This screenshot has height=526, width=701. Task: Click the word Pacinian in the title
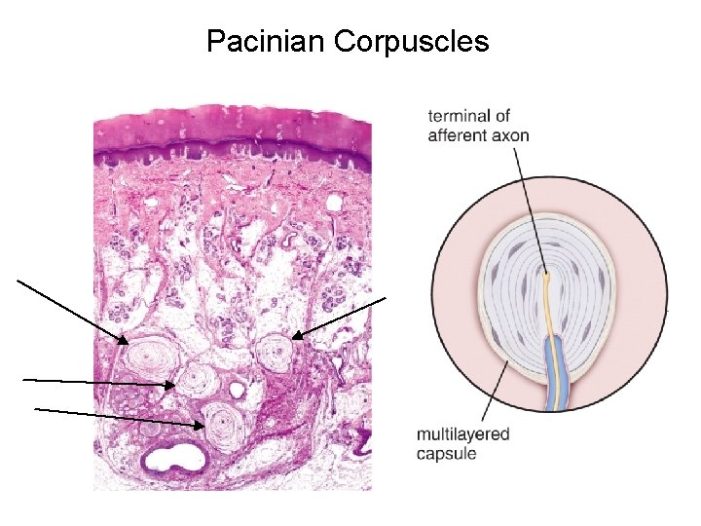pyautogui.click(x=265, y=42)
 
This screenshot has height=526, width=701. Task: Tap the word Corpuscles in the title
pyautogui.click(x=411, y=42)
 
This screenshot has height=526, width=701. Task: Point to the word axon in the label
pyautogui.click(x=511, y=135)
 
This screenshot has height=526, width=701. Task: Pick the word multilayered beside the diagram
pyautogui.click(x=462, y=434)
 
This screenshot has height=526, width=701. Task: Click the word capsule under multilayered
pyautogui.click(x=447, y=453)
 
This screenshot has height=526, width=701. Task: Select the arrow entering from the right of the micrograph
pyautogui.click(x=341, y=316)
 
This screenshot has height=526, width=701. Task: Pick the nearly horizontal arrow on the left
pyautogui.click(x=97, y=382)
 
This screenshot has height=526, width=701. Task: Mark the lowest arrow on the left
pyautogui.click(x=117, y=417)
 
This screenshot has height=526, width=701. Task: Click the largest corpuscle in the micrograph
pyautogui.click(x=150, y=359)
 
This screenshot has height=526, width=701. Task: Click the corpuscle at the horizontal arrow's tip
pyautogui.click(x=200, y=379)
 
